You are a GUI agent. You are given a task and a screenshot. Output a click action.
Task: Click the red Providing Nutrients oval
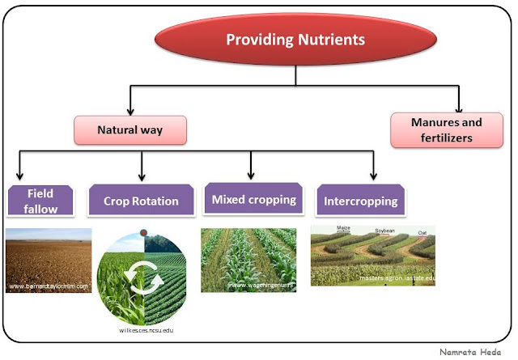(x=295, y=39)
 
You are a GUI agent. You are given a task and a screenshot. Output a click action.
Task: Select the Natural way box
(x=130, y=129)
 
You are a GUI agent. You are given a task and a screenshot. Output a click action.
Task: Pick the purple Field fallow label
(x=40, y=200)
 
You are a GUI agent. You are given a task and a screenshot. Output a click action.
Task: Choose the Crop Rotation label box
(x=141, y=201)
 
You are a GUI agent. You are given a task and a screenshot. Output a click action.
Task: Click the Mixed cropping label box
(x=253, y=199)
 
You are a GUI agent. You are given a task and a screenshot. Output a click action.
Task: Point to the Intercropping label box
(x=360, y=200)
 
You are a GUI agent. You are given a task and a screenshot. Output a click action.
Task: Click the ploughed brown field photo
(x=48, y=260)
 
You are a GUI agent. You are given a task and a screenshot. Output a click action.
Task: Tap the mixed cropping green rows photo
(x=248, y=259)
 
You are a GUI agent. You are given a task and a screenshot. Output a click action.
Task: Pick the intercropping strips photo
(x=372, y=256)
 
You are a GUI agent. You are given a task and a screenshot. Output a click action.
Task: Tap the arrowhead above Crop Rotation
(x=142, y=176)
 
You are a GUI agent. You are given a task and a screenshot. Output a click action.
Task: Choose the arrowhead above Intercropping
(x=373, y=176)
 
